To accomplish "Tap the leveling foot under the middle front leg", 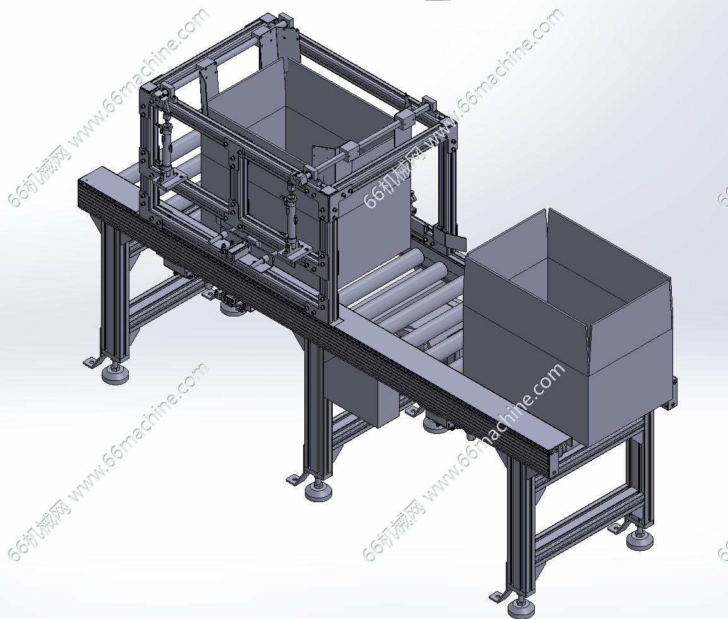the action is click(318, 490).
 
